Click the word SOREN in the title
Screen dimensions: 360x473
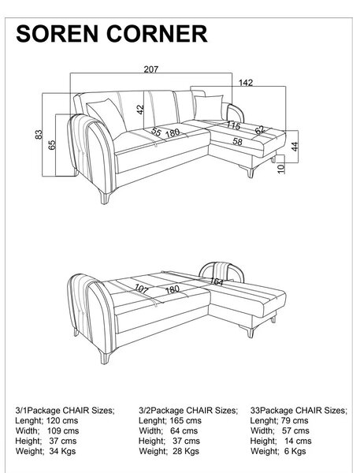[57, 33]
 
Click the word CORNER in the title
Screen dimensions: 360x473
[157, 33]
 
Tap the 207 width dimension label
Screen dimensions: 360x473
[150, 69]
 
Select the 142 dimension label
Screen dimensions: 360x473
[246, 83]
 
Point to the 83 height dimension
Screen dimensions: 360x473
[39, 134]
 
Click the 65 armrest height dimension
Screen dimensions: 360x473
[52, 145]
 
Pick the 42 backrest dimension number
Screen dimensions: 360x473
[140, 110]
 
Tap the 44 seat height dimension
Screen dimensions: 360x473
[295, 147]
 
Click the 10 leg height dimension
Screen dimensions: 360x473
[281, 169]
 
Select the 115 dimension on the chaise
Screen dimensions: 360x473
[233, 125]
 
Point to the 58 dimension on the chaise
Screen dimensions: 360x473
[238, 141]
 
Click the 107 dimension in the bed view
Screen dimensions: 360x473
[142, 289]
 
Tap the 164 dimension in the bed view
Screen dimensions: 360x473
[217, 281]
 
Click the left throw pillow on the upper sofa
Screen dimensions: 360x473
[107, 117]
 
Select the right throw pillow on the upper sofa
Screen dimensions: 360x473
[209, 107]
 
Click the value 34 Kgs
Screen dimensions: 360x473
[62, 451]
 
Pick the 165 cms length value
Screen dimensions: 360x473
[185, 420]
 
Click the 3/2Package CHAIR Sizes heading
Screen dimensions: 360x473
[188, 410]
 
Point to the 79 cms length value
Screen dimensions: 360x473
[295, 420]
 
